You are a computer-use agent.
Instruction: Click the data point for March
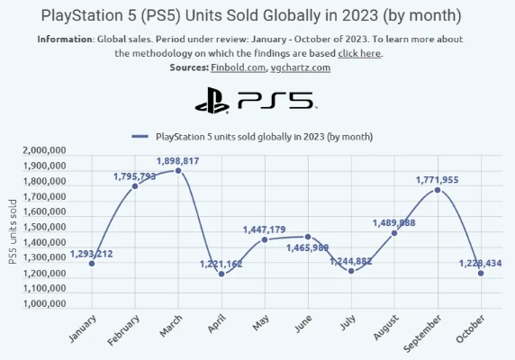click(x=178, y=170)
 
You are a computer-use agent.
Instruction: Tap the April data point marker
click(x=221, y=274)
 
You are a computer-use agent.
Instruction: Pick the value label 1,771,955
click(x=437, y=180)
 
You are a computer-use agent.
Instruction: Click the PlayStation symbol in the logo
click(x=212, y=100)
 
